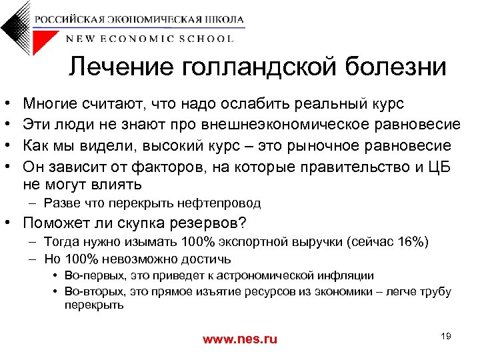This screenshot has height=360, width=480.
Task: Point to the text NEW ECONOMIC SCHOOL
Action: click(150, 39)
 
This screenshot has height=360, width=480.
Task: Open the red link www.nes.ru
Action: click(239, 339)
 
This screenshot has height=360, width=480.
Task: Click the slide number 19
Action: click(446, 336)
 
